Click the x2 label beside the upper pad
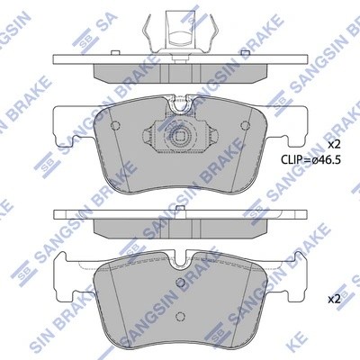pos(334,145)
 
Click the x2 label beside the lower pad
pos(334,298)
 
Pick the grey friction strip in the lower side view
pos(180,230)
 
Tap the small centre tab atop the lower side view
pos(180,210)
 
